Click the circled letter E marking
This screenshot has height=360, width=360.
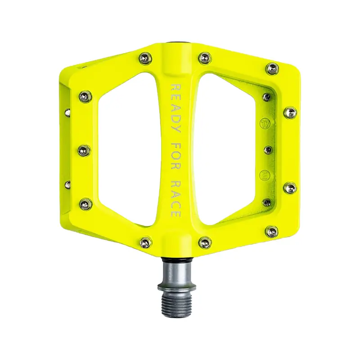click(x=265, y=174)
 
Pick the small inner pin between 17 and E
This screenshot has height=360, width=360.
click(x=268, y=150)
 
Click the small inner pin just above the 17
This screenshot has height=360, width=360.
click(x=267, y=97)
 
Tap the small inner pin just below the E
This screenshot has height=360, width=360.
click(x=267, y=202)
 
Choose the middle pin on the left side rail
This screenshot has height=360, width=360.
click(x=84, y=150)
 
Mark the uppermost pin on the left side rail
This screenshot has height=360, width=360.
click(x=85, y=96)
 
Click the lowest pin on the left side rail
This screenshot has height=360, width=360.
click(x=85, y=204)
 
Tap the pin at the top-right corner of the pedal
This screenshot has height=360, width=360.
click(x=272, y=69)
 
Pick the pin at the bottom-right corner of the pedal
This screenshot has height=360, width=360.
click(x=272, y=232)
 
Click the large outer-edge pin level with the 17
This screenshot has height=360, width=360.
click(x=290, y=112)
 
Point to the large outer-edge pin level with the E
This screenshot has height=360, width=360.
click(x=290, y=187)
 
